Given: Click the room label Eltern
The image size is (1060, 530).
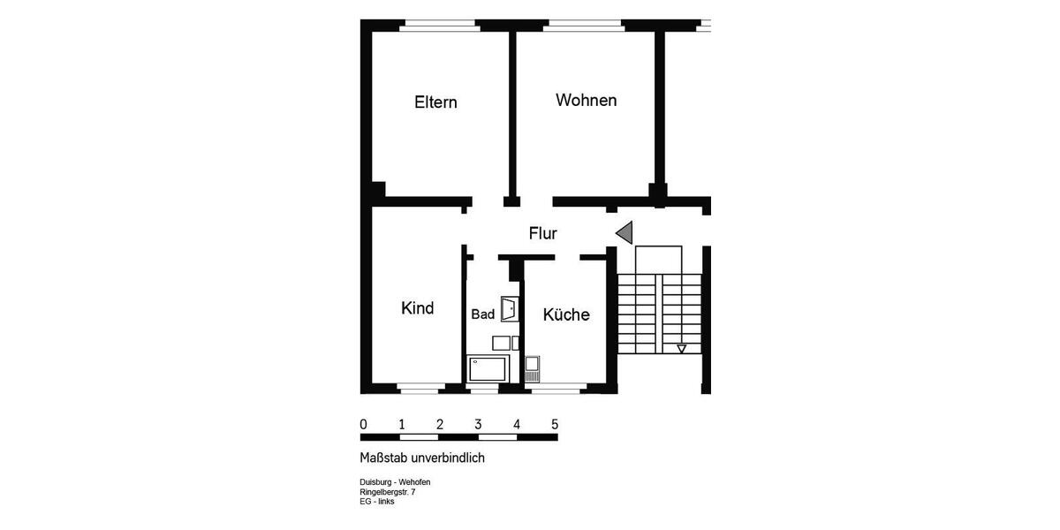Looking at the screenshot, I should tap(435, 102).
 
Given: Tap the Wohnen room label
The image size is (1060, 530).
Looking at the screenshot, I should tap(586, 101).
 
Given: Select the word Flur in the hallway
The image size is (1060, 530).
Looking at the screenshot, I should tap(542, 234).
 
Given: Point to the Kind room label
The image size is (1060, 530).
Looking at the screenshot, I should tap(417, 308).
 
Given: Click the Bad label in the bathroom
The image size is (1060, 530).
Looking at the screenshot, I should tap(482, 314).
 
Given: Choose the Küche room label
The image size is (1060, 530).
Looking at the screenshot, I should tap(566, 315).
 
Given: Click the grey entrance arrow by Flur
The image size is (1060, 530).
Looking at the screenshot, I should tap(625, 233).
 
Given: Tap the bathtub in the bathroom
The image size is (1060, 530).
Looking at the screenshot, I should tap(488, 367).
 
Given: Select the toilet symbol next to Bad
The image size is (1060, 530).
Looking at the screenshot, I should tap(510, 309).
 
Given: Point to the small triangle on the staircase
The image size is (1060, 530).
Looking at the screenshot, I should tap(681, 349).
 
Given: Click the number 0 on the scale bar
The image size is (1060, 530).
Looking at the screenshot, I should tap(364, 425).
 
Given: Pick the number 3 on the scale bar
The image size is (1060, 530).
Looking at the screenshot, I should tap(478, 425).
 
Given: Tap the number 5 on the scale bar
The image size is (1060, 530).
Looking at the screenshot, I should tap(555, 425).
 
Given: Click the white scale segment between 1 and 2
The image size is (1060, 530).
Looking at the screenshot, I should tap(420, 436).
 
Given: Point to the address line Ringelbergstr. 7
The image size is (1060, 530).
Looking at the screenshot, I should tap(387, 492).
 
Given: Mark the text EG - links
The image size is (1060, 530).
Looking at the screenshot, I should tap(377, 502).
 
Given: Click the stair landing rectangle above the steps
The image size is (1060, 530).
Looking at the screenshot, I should tap(659, 260).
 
